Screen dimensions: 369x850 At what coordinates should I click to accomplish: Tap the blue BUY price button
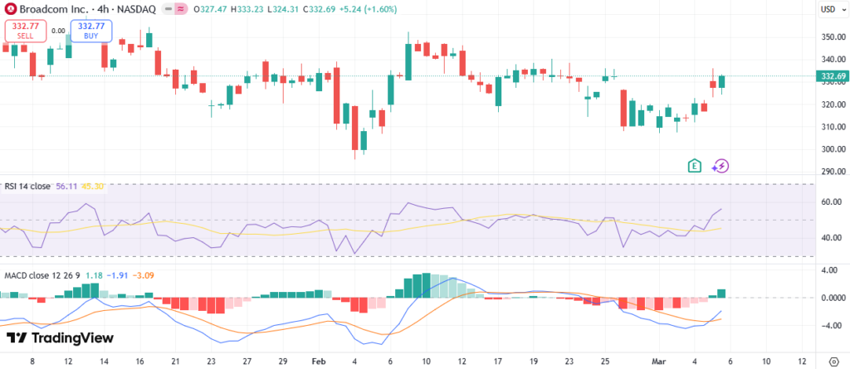click(x=90, y=32)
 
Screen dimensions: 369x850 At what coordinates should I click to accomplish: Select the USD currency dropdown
click(x=830, y=9)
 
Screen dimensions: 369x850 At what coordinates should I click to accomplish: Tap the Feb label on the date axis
click(x=319, y=362)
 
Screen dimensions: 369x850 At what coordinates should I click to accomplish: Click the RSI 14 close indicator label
click(x=27, y=187)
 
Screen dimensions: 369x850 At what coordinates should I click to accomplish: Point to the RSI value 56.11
click(x=66, y=187)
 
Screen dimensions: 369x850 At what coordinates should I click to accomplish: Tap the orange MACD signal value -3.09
click(x=144, y=275)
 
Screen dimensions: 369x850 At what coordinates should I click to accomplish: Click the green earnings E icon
click(x=696, y=165)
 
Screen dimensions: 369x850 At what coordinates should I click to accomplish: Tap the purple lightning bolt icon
click(x=720, y=165)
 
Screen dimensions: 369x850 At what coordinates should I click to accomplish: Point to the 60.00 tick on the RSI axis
click(x=831, y=201)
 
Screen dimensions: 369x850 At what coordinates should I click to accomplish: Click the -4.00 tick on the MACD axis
click(x=831, y=325)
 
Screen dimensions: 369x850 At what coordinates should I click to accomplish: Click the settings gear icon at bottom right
click(x=833, y=362)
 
